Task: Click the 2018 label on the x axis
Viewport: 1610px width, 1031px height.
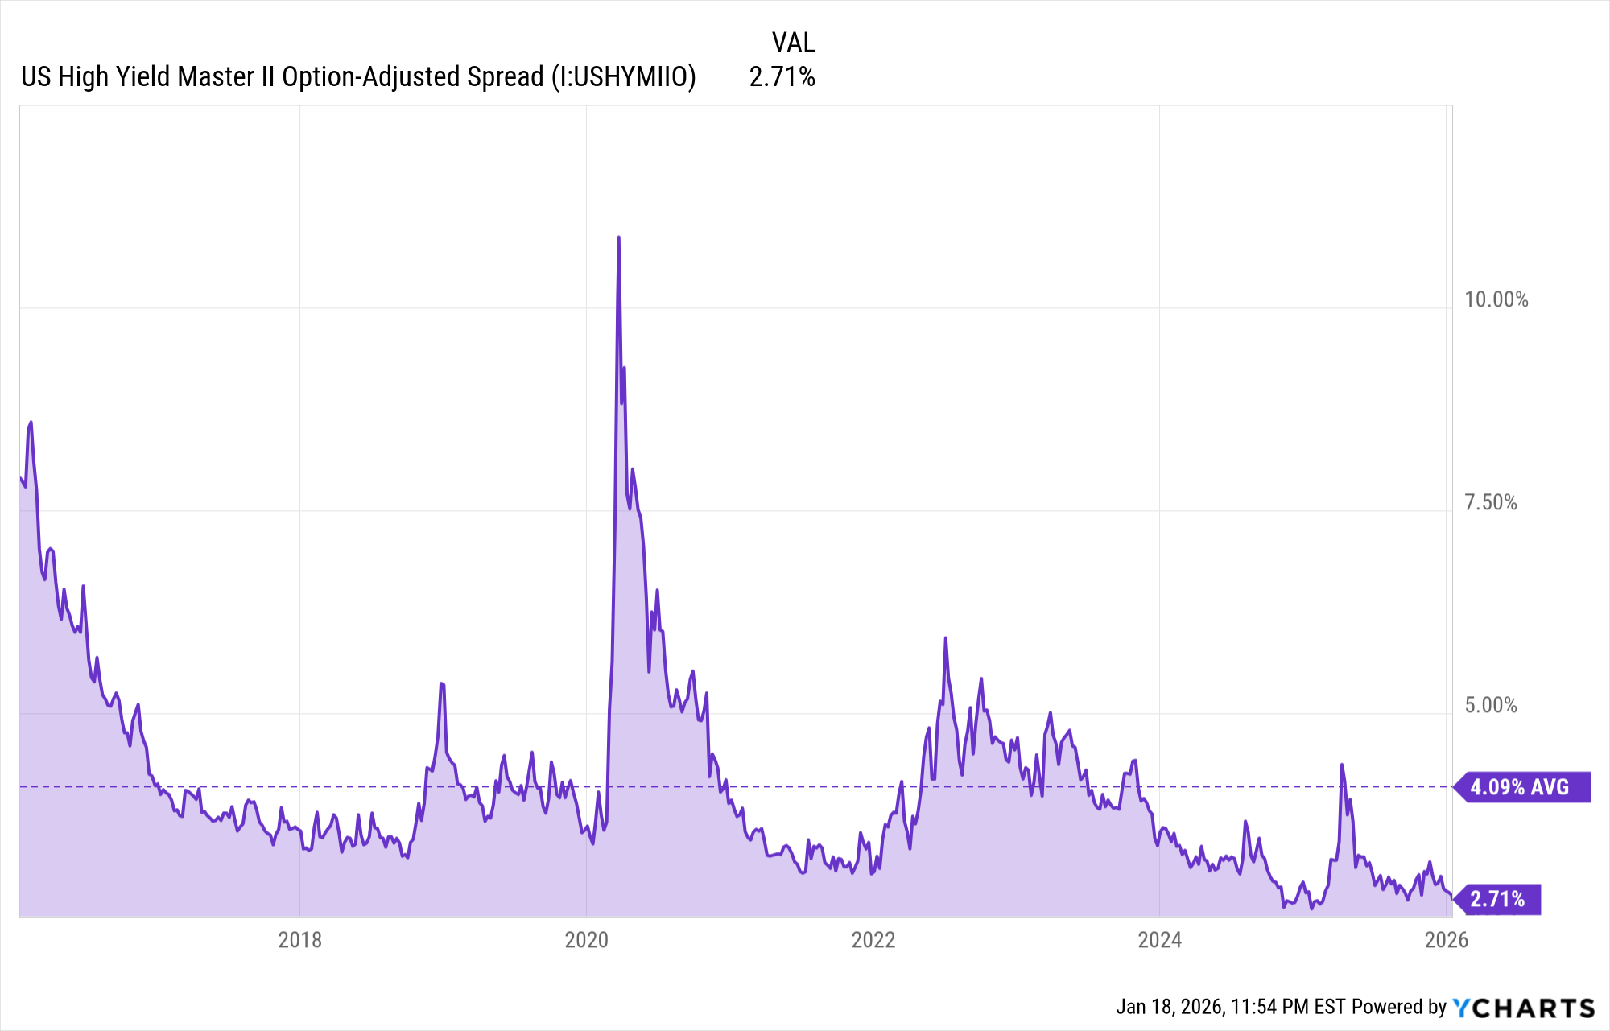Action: point(299,940)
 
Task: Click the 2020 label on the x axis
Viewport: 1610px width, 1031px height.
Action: point(587,940)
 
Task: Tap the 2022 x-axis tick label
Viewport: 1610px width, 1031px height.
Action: point(873,940)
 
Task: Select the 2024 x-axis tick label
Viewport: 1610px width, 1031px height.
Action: point(1160,940)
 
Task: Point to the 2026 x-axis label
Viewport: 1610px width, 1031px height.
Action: point(1447,940)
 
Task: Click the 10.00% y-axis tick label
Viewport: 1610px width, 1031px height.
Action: point(1496,300)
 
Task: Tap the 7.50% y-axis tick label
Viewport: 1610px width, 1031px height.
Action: point(1491,503)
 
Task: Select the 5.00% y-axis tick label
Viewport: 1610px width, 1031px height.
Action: point(1491,706)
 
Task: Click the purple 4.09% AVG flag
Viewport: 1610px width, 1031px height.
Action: point(1521,787)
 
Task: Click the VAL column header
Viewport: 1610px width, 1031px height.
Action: point(794,42)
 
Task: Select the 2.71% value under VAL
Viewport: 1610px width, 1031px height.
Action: point(782,77)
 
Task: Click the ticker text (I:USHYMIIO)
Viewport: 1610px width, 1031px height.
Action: point(623,77)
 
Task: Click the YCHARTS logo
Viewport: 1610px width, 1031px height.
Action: point(1524,1008)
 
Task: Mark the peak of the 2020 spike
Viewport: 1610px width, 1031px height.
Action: point(618,237)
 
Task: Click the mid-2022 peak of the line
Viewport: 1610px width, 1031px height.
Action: point(946,638)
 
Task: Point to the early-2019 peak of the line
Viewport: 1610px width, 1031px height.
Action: point(441,683)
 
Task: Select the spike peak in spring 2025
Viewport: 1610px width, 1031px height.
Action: point(1342,765)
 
